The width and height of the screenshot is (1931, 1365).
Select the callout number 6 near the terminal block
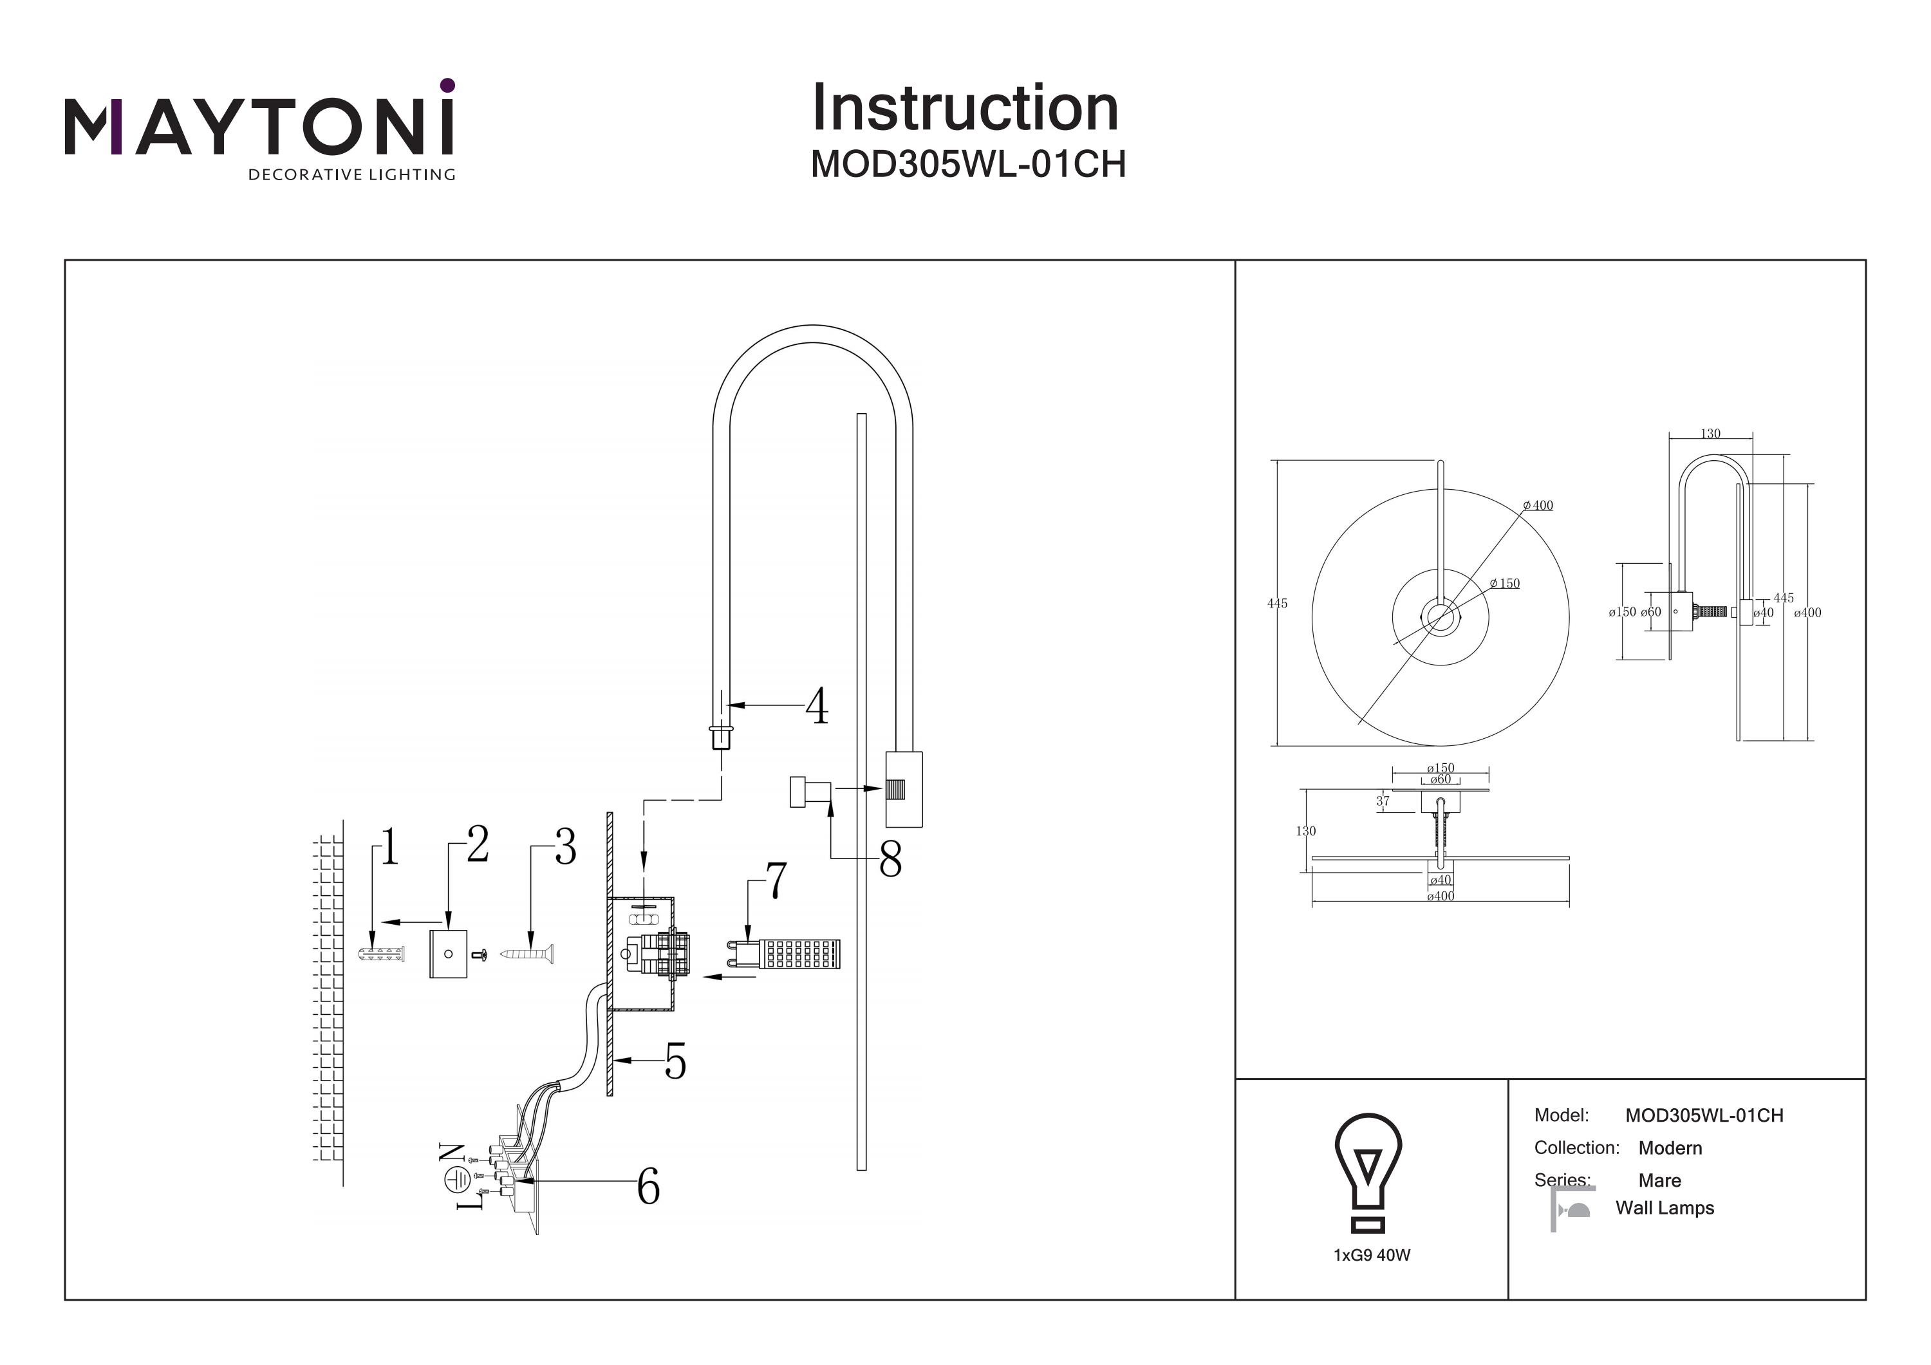click(x=648, y=1187)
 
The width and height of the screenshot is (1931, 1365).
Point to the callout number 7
click(x=776, y=880)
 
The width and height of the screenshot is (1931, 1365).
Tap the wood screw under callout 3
click(x=527, y=954)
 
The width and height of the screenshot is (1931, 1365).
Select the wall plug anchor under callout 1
click(x=381, y=954)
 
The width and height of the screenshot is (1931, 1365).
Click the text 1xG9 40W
click(x=1372, y=1256)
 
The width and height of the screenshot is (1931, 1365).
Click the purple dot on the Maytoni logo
click(x=447, y=85)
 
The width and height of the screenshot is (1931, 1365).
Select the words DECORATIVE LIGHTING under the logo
click(x=351, y=175)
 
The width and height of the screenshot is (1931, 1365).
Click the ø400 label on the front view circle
click(x=1538, y=505)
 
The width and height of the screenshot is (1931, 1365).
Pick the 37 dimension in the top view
click(x=1383, y=801)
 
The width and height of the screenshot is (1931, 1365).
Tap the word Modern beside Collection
click(x=1670, y=1148)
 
